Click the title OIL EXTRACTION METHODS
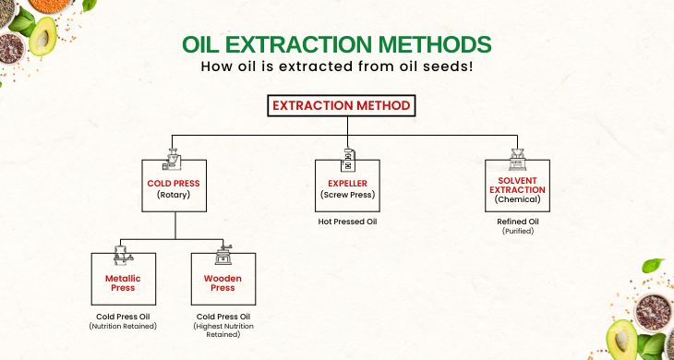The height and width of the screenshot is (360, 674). coord(336,44)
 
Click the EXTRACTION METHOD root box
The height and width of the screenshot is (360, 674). coord(341,106)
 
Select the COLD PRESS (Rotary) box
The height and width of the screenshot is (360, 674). coord(174,188)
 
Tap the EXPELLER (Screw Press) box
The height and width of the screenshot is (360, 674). coord(348,188)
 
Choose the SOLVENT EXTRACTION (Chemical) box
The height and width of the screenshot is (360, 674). coord(517,188)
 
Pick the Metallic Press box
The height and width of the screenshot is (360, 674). coord(122,281)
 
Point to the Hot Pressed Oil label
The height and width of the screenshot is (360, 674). coord(347,222)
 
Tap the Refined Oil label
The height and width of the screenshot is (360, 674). coord(517,221)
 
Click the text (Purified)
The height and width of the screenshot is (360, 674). coord(517,231)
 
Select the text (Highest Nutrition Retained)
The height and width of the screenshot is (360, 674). coord(217,330)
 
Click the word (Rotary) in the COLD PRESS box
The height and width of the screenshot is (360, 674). coord(174,195)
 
